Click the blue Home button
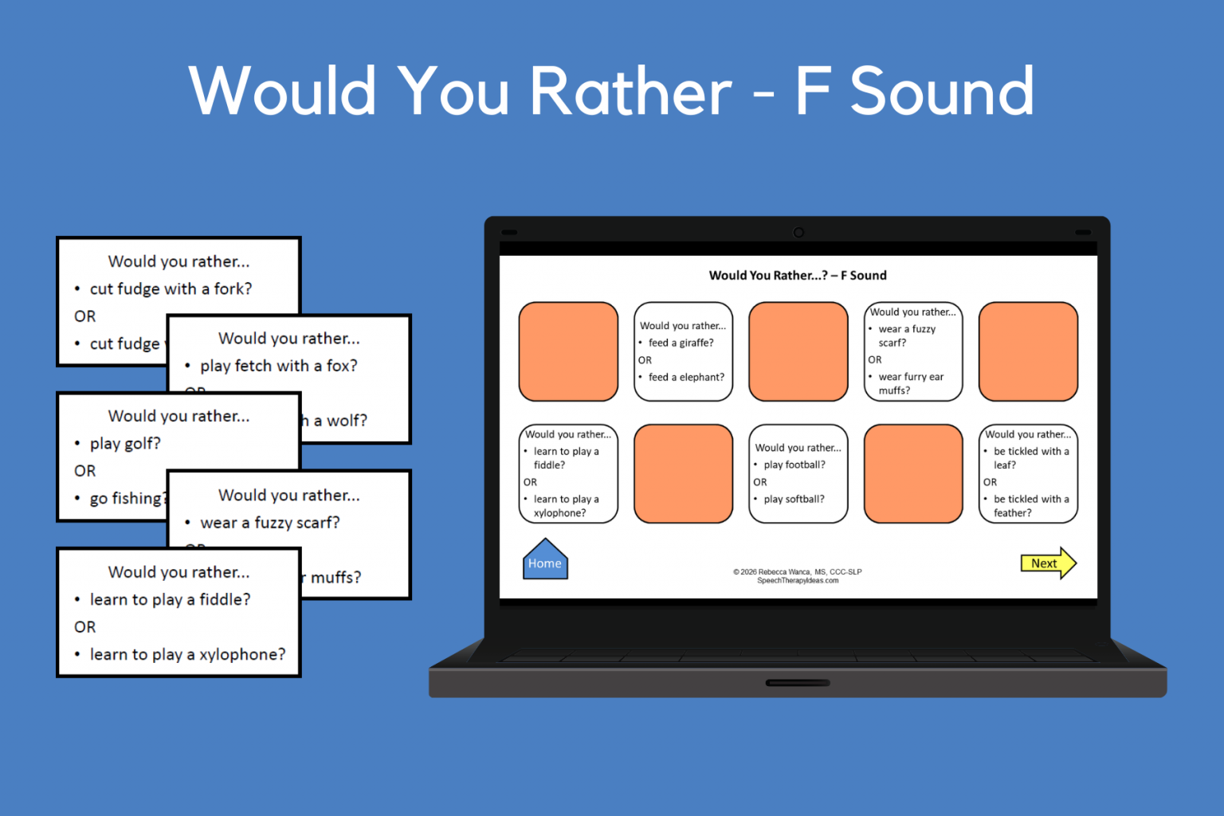[x=545, y=561]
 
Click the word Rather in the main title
[x=630, y=91]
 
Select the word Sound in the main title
[x=943, y=91]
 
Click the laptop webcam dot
[x=798, y=233]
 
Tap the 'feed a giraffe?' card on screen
[x=683, y=351]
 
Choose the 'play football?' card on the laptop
[x=798, y=473]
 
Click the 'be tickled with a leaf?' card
[x=1028, y=473]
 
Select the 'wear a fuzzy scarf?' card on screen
[x=913, y=351]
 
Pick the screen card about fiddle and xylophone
[x=568, y=473]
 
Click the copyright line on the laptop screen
[x=797, y=571]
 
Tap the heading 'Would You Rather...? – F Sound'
[x=798, y=276]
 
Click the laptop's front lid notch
[x=798, y=683]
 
